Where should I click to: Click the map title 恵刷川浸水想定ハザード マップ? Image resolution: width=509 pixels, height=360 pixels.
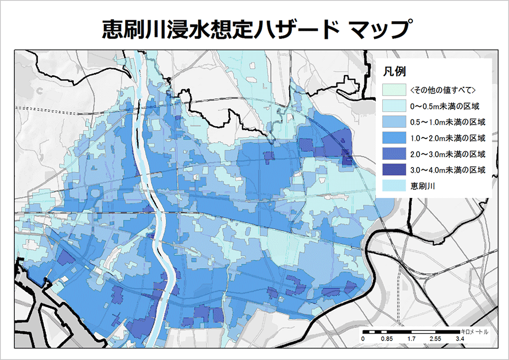click(x=254, y=30)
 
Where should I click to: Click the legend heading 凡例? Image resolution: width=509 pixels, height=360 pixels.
click(x=393, y=71)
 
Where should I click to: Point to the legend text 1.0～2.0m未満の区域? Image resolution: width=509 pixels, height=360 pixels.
click(x=447, y=138)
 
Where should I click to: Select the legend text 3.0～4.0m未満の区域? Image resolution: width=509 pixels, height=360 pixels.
click(x=447, y=170)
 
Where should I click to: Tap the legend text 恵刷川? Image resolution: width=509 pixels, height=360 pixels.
click(x=422, y=185)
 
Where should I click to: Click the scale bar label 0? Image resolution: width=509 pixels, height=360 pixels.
click(x=363, y=339)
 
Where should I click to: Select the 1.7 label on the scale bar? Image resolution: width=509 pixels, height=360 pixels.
click(x=411, y=339)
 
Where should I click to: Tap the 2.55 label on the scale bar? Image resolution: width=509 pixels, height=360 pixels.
click(x=435, y=339)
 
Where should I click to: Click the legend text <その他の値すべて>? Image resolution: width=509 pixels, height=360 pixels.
click(x=442, y=91)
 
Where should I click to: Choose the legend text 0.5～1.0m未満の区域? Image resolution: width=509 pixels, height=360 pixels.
click(x=447, y=122)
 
